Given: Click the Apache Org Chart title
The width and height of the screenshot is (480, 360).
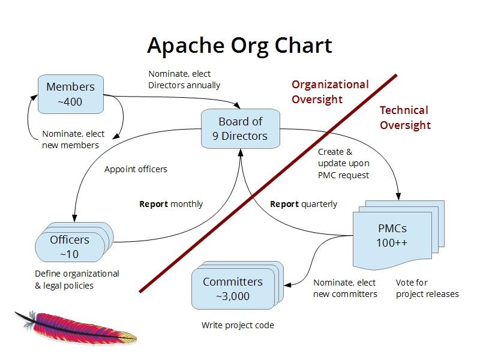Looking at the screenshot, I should click(239, 46).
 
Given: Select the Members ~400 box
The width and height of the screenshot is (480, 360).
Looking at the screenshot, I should click(70, 94).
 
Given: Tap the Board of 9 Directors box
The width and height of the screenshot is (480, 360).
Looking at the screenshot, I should click(240, 128).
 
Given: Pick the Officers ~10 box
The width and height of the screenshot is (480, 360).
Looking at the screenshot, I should click(69, 247).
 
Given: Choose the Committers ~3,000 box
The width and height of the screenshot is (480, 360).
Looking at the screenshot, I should click(232, 289).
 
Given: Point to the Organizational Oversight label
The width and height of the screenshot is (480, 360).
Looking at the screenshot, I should click(329, 92).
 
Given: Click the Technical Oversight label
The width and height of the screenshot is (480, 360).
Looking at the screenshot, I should click(404, 118).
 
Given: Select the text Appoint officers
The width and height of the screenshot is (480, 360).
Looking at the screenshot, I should click(136, 169).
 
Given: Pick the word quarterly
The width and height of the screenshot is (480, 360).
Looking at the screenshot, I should click(320, 204).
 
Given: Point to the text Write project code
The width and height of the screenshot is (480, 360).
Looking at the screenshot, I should click(238, 325).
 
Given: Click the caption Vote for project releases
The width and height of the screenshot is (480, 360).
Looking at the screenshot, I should click(427, 288).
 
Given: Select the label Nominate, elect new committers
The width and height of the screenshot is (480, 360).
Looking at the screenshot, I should click(345, 288).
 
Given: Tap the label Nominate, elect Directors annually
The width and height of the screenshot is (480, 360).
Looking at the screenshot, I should click(184, 79).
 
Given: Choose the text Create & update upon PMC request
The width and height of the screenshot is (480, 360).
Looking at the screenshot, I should click(344, 163).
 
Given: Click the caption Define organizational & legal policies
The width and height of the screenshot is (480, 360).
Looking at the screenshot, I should click(77, 280).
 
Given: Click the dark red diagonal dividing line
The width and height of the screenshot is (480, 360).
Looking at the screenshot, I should click(268, 183).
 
